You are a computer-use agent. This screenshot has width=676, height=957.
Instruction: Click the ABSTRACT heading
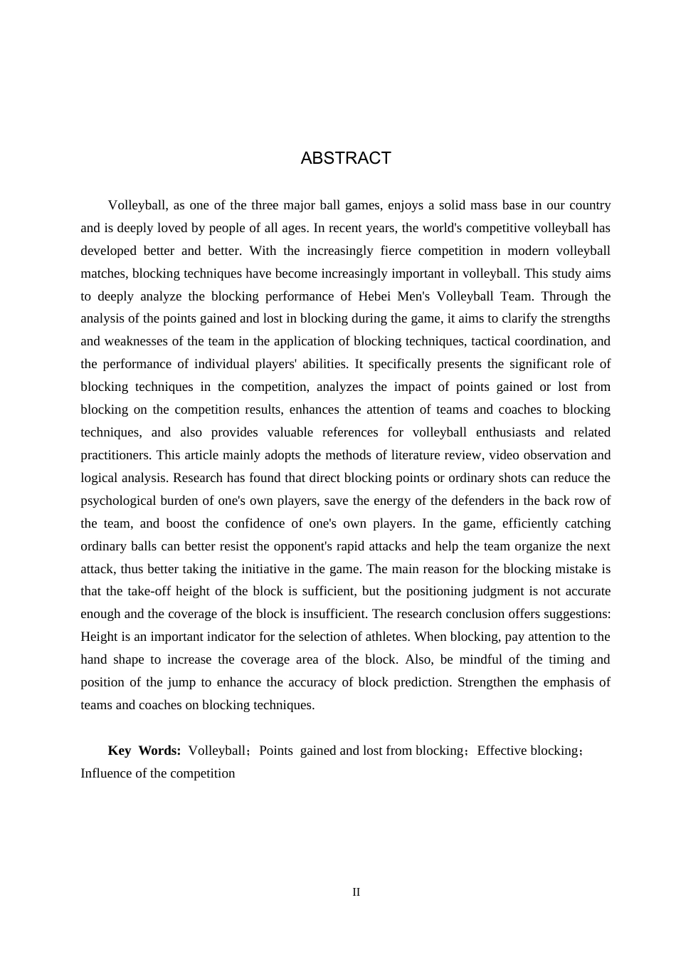pos(346,158)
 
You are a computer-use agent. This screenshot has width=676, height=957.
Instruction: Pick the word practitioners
pos(115,455)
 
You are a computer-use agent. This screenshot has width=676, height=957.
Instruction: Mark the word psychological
pos(117,501)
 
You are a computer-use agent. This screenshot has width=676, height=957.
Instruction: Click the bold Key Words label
pos(144,751)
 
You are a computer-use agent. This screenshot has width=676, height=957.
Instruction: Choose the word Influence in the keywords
pos(106,773)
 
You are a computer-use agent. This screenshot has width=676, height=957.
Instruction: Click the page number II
pos(357,892)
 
